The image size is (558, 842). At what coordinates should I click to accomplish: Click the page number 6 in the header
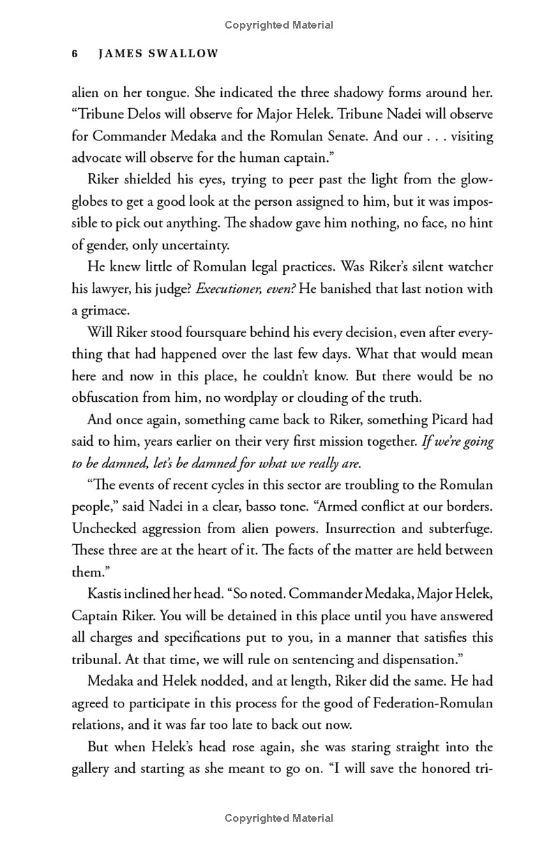[x=75, y=54]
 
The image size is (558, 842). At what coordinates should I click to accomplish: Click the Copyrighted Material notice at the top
[x=279, y=25]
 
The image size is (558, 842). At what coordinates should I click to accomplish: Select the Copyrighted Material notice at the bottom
[x=279, y=818]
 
